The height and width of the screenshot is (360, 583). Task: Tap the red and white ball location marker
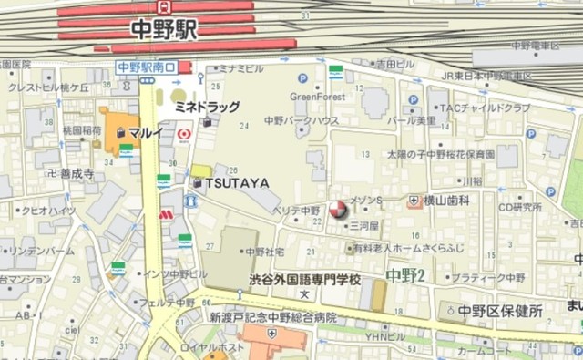coord(338,211)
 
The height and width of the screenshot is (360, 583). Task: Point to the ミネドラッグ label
coord(208,107)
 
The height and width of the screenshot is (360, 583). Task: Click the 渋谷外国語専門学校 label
coord(304,279)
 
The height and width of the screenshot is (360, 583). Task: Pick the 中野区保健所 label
coord(500,311)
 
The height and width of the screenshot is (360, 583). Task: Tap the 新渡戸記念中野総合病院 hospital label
coord(272,318)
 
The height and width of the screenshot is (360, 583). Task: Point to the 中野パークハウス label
coord(302,119)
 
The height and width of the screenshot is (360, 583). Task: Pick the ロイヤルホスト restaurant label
coord(236,347)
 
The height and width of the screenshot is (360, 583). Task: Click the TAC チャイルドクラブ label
coord(485,108)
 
